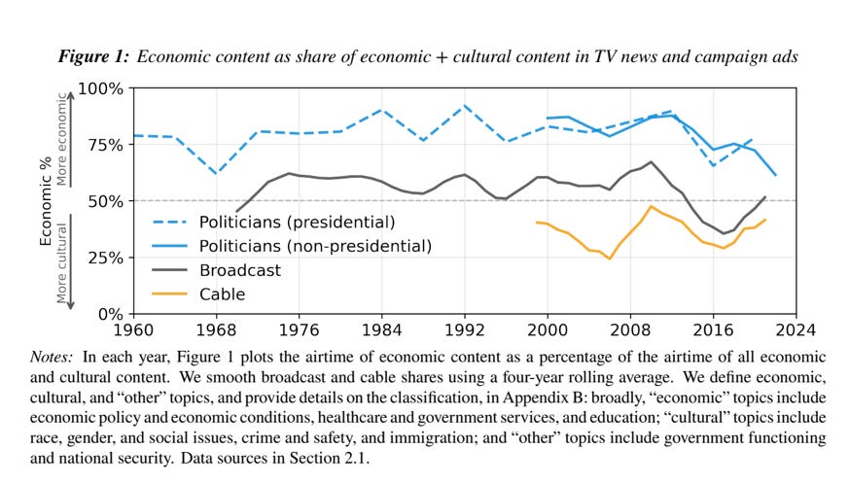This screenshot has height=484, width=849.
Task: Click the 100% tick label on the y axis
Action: point(101,88)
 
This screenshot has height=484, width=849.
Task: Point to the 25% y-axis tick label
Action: point(106,258)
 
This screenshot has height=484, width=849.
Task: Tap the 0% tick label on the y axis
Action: point(111,314)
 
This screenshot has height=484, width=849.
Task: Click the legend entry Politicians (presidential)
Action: point(297,222)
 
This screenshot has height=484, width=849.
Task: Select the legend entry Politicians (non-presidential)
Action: point(315,246)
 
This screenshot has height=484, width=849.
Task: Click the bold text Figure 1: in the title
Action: point(93,56)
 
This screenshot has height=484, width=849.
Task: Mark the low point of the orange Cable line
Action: point(610,259)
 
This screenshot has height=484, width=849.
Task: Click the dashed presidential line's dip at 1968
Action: point(216,173)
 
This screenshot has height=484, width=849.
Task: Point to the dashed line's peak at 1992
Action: point(465,105)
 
